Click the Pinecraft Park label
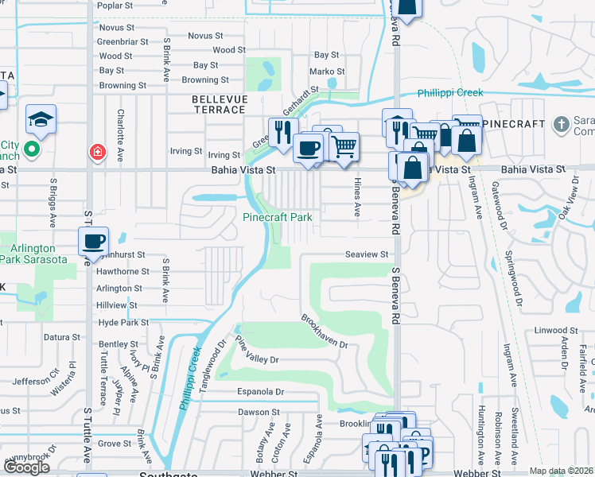point(277,217)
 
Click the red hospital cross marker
point(98,151)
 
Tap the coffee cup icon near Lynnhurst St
point(93,241)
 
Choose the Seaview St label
point(366,254)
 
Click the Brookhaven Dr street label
point(325,331)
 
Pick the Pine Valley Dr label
point(257,351)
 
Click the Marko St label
point(326,72)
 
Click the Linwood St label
point(550,330)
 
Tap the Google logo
point(25,467)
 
